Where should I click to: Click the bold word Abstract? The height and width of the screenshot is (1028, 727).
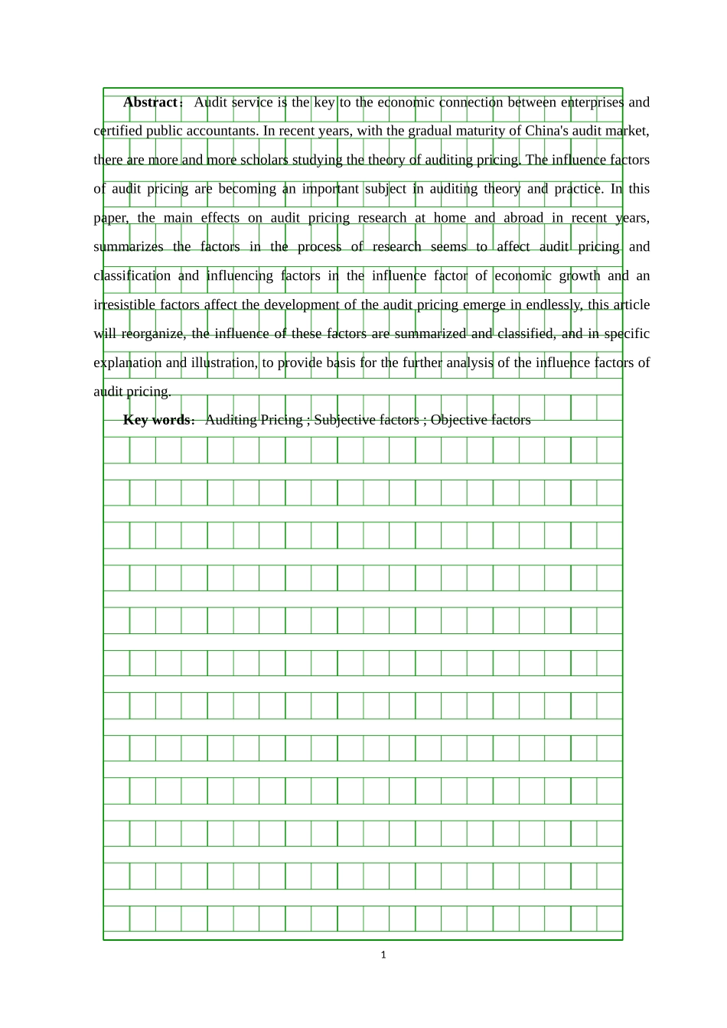150,102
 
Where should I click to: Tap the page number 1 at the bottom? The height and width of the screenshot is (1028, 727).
383,955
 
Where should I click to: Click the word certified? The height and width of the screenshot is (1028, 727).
118,131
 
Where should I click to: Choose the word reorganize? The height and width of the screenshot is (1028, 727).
150,334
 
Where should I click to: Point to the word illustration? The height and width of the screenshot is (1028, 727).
224,363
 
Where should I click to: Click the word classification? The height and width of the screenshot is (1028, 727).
132,276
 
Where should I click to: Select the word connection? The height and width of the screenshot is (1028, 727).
471,102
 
